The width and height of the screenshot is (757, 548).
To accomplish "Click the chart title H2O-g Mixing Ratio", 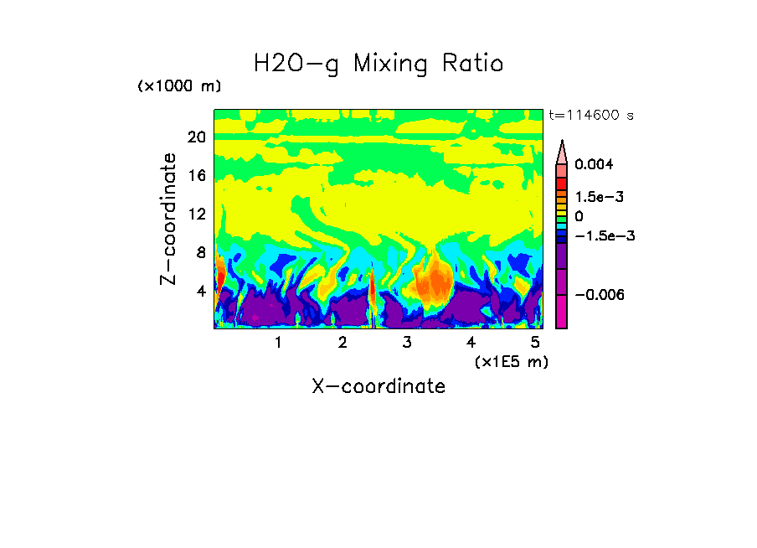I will (x=378, y=63).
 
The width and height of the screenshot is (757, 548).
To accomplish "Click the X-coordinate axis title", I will (x=378, y=386).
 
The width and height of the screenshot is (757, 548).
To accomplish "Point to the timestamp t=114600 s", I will (x=590, y=115).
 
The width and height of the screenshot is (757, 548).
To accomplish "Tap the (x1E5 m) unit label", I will (x=512, y=361).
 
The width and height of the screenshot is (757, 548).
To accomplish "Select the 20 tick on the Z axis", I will (x=197, y=137).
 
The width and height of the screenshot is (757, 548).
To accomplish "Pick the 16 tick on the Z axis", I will (x=197, y=176).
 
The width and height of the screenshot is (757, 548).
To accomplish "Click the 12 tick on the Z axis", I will (x=197, y=215).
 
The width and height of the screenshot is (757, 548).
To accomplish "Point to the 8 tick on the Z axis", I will (x=201, y=253).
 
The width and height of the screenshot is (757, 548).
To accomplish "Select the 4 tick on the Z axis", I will (x=201, y=292).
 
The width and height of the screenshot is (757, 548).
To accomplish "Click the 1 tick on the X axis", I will (x=278, y=343).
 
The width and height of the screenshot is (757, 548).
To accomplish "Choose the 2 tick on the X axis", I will (x=342, y=343).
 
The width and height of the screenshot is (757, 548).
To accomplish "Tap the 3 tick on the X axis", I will (x=407, y=343).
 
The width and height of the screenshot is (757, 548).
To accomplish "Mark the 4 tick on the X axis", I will (x=471, y=343).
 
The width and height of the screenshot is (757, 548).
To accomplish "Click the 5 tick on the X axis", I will (x=535, y=343).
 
